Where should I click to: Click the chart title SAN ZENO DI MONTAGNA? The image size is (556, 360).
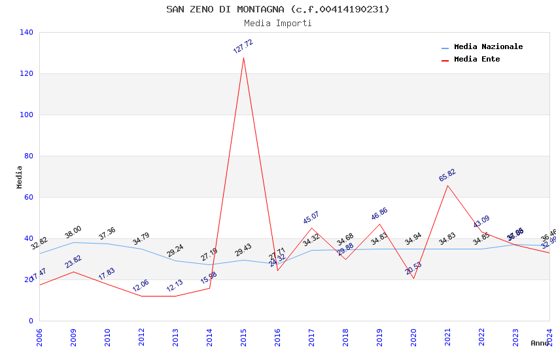click(x=277, y=9)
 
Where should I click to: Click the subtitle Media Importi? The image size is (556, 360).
click(x=277, y=23)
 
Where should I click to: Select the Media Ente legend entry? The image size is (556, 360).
click(x=476, y=60)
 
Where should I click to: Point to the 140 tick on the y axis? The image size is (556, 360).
click(x=26, y=32)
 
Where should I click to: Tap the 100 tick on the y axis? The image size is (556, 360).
click(x=26, y=115)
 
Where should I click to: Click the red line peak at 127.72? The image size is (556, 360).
click(x=243, y=58)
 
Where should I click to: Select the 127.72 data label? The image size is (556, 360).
click(x=243, y=46)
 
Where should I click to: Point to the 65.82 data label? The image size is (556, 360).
click(x=447, y=175)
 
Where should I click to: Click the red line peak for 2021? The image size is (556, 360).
click(x=447, y=185)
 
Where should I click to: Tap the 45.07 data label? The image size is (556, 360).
click(x=311, y=218)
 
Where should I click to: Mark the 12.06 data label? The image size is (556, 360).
click(x=141, y=286)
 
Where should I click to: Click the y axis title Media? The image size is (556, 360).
click(x=20, y=177)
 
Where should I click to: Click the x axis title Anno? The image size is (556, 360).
click(x=540, y=343)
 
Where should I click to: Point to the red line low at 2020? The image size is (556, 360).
click(x=413, y=278)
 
